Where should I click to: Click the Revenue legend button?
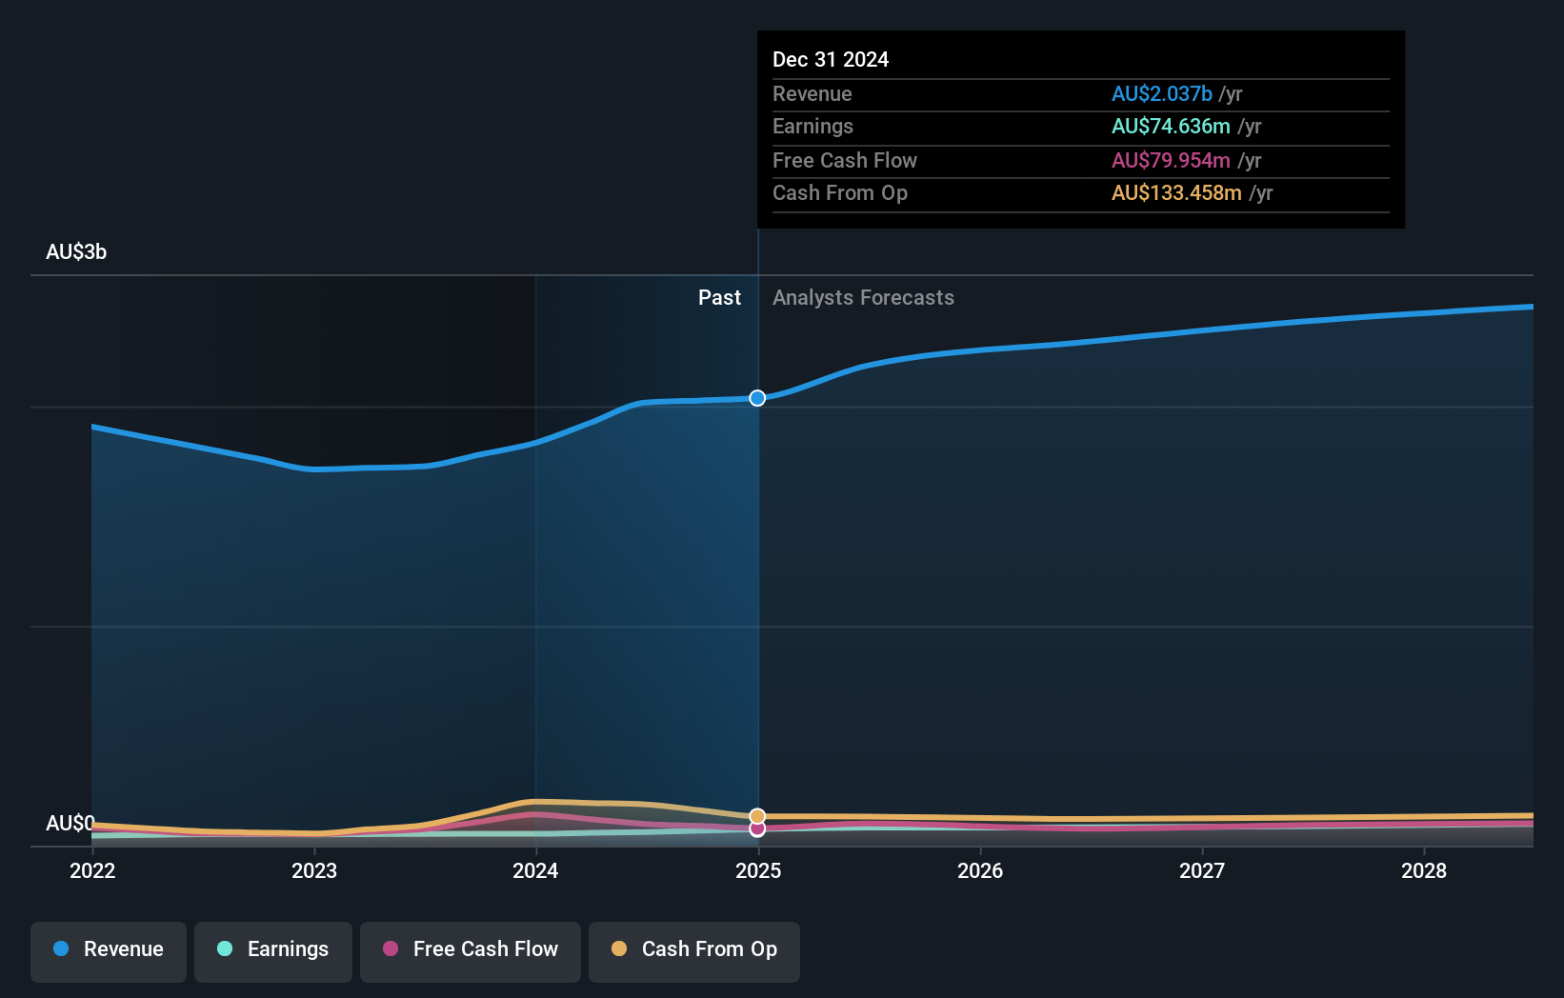pyautogui.click(x=109, y=949)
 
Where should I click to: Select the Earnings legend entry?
pyautogui.click(x=273, y=949)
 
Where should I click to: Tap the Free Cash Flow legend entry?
pyautogui.click(x=471, y=949)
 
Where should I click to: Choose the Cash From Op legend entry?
pyautogui.click(x=694, y=949)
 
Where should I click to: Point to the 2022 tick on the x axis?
pyautogui.click(x=92, y=870)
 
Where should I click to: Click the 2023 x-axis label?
pyautogui.click(x=314, y=870)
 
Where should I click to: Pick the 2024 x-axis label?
pyautogui.click(x=535, y=870)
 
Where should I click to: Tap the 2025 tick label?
pyautogui.click(x=758, y=870)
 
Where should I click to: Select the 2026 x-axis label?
pyautogui.click(x=980, y=870)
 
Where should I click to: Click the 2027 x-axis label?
pyautogui.click(x=1202, y=870)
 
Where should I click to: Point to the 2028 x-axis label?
pyautogui.click(x=1424, y=870)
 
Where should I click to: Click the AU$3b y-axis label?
pyautogui.click(x=76, y=252)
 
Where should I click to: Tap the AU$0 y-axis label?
pyautogui.click(x=70, y=823)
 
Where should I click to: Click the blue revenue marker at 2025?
pyautogui.click(x=757, y=398)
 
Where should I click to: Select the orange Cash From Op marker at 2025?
pyautogui.click(x=757, y=816)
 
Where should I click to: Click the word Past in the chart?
pyautogui.click(x=719, y=298)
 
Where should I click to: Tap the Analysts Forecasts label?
pyautogui.click(x=863, y=298)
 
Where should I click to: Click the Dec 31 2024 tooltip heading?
pyautogui.click(x=831, y=60)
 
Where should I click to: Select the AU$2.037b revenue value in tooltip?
pyautogui.click(x=1161, y=94)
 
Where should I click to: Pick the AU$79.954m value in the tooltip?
pyautogui.click(x=1171, y=161)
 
